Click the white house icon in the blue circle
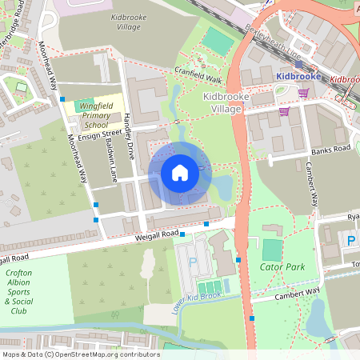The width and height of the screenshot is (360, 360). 180,173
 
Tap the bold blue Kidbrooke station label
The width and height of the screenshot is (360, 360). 298,76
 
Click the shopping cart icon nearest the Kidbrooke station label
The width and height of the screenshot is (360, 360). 303,94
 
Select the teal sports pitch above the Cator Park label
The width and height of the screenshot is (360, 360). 272,249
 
